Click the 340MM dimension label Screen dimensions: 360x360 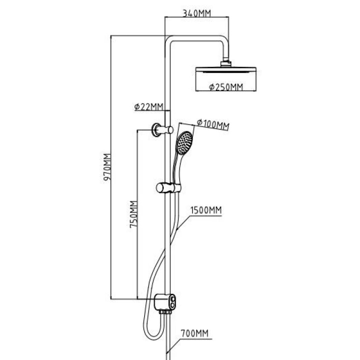coord(196,13)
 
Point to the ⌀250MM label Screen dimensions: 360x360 coord(226,87)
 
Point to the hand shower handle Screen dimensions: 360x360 coord(176,169)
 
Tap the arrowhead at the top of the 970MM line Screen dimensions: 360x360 coord(112,37)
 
